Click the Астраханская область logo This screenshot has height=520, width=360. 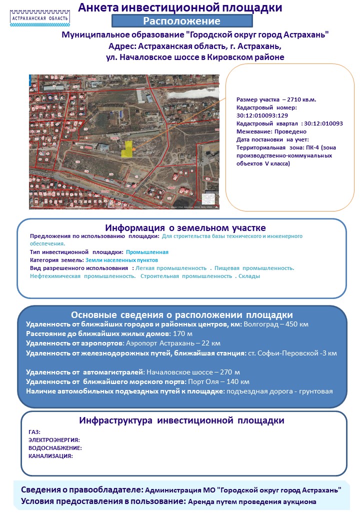[x=40, y=17]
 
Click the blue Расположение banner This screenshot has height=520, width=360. [x=181, y=21]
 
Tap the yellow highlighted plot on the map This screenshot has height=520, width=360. [x=129, y=148]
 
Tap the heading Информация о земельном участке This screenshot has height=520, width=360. [x=181, y=228]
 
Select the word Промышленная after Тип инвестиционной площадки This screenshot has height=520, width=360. [x=147, y=252]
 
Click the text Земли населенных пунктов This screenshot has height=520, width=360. [x=121, y=260]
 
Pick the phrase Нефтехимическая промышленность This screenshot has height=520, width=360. [x=82, y=276]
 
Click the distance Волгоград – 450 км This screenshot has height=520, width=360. [x=276, y=324]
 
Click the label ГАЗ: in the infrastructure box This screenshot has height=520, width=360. [x=34, y=432]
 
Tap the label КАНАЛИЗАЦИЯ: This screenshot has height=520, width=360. [x=50, y=456]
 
